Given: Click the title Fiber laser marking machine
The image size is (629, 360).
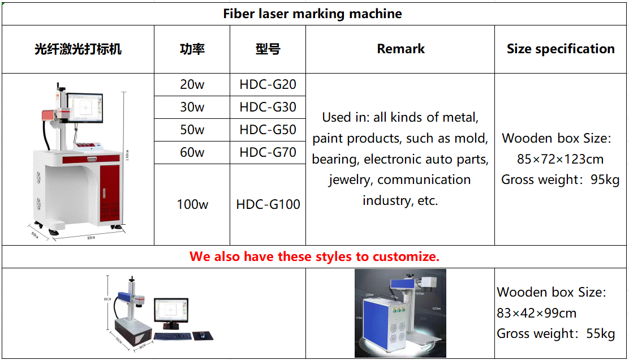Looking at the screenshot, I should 312,14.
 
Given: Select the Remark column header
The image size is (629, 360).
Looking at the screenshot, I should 400,49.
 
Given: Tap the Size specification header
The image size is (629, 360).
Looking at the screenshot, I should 561,49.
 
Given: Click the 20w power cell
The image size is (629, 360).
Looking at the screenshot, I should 192,85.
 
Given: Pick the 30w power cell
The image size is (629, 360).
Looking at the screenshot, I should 192,108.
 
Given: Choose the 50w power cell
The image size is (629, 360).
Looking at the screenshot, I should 192,130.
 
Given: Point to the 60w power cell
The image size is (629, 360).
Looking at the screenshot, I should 192,153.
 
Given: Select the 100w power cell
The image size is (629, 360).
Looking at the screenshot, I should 192,204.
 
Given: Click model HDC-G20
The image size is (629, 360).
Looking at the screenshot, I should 268,85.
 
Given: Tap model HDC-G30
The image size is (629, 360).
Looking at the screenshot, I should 268,108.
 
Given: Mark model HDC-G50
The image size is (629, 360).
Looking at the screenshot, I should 268,130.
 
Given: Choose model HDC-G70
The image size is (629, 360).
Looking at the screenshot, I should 268,153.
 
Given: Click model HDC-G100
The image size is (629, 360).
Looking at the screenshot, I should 268,204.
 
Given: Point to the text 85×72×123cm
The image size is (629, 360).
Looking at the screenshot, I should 560,159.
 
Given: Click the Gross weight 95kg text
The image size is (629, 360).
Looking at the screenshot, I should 560,180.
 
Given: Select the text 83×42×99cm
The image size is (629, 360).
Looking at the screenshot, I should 536,313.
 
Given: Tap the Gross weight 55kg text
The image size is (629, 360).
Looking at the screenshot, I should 555,334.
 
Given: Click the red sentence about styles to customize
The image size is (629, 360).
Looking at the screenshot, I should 314,256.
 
